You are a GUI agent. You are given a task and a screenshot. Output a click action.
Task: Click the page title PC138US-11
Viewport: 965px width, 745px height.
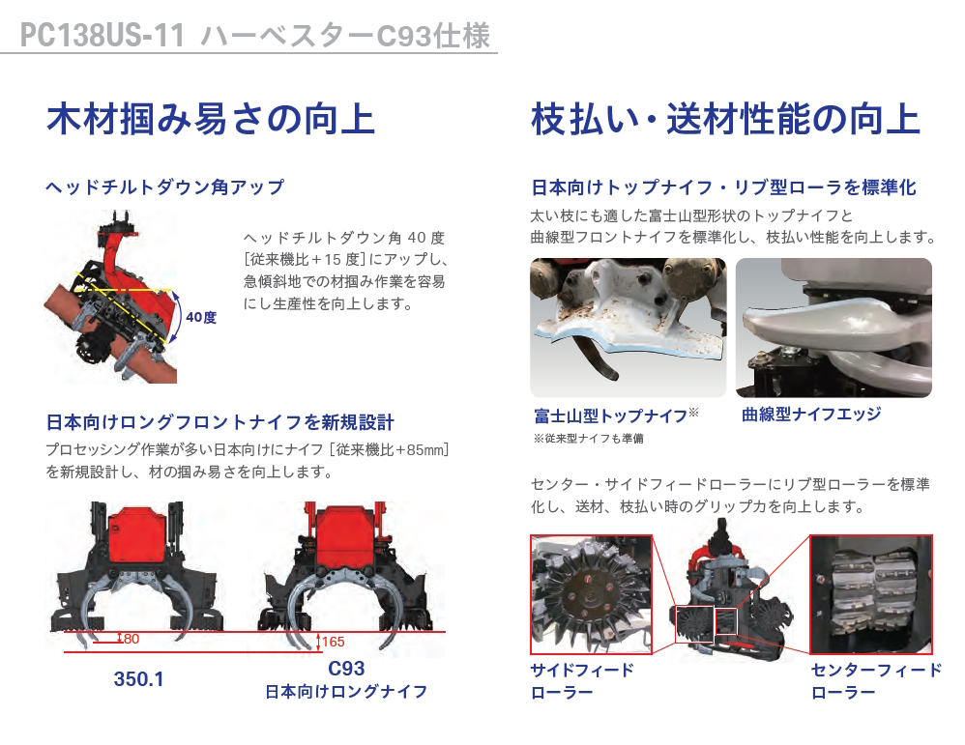[102, 35]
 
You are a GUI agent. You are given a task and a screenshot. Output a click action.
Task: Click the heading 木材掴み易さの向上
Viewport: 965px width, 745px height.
[211, 119]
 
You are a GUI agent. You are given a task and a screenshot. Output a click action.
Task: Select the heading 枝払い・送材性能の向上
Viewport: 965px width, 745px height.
[725, 119]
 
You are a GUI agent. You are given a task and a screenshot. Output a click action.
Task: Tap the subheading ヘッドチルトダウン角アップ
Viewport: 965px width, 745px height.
[165, 186]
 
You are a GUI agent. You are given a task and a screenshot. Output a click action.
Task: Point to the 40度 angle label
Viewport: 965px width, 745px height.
[200, 318]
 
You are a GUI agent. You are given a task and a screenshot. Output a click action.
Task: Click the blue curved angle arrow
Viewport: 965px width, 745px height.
[179, 318]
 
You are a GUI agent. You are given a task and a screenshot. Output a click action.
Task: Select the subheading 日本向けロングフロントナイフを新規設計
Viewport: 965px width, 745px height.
[219, 422]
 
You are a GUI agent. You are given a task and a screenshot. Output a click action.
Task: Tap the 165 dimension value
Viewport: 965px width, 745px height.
[333, 642]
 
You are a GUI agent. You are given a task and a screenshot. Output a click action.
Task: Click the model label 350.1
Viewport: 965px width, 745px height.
[138, 679]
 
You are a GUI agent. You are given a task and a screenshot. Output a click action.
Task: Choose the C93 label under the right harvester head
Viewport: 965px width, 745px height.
[346, 668]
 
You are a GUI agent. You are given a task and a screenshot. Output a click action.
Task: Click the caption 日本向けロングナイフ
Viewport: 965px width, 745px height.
[346, 692]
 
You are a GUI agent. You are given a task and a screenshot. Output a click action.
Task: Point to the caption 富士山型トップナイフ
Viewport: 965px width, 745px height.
[610, 415]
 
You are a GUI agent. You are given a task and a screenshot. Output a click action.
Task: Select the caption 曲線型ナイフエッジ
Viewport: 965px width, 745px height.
[811, 414]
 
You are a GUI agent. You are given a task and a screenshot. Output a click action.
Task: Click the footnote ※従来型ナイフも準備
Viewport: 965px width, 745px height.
[588, 439]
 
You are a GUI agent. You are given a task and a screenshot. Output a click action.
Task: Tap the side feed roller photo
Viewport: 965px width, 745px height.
[591, 594]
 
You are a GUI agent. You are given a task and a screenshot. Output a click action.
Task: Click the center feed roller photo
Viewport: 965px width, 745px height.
[871, 594]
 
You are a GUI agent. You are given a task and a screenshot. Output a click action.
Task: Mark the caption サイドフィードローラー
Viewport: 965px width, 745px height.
[581, 681]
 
